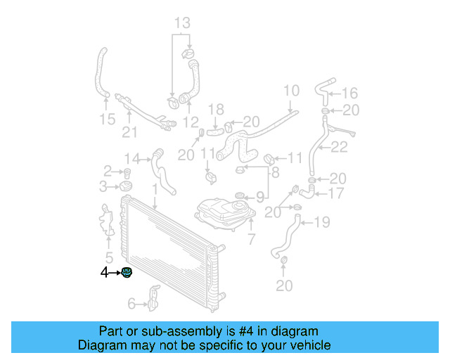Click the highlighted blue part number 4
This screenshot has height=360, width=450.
pyautogui.click(x=127, y=273)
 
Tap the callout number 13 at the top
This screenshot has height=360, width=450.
pyautogui.click(x=182, y=23)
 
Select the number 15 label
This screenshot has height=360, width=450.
pyautogui.click(x=107, y=120)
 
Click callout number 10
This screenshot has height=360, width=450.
pyautogui.click(x=291, y=90)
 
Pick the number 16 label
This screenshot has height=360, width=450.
pyautogui.click(x=349, y=93)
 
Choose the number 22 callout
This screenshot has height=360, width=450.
pyautogui.click(x=339, y=147)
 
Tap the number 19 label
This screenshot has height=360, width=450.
pyautogui.click(x=322, y=223)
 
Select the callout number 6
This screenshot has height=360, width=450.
pyautogui.click(x=131, y=304)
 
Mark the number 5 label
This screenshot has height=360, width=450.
pyautogui.click(x=109, y=257)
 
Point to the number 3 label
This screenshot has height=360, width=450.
pyautogui.click(x=103, y=186)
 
